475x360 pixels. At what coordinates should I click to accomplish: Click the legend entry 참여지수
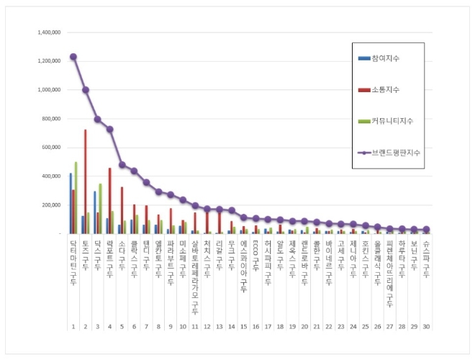click(x=389, y=58)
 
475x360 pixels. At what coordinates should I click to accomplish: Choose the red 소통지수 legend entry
click(x=389, y=89)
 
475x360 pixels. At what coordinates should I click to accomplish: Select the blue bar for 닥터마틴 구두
click(x=70, y=203)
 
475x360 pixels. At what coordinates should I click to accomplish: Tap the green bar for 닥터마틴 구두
click(x=76, y=198)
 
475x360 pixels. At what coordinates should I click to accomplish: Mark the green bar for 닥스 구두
click(x=100, y=209)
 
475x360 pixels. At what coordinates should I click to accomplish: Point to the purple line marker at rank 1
click(x=73, y=56)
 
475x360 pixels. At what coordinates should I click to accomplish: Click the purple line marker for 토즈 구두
click(x=86, y=90)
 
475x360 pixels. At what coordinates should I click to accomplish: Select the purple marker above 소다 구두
click(x=122, y=165)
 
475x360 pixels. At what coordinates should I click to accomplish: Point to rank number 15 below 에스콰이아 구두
click(x=243, y=326)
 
